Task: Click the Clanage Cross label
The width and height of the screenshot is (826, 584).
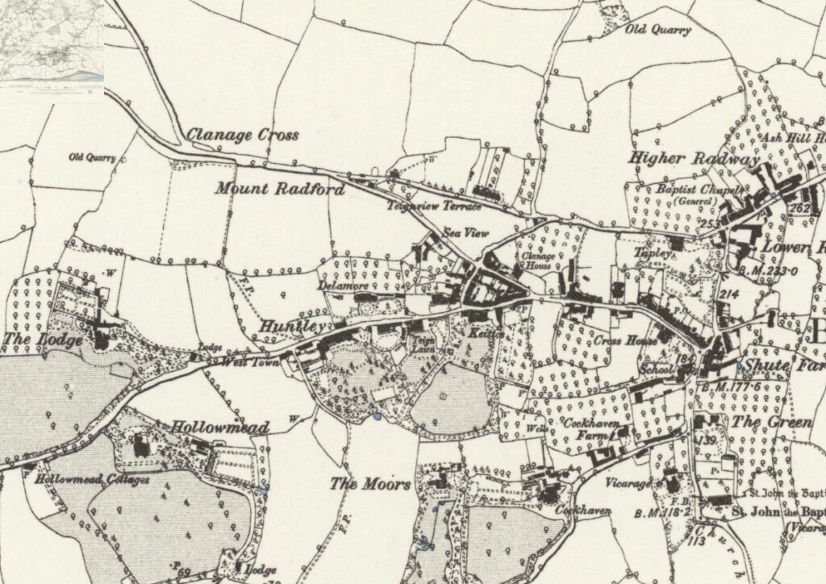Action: tap(243, 136)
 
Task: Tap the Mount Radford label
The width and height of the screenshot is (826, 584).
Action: tap(280, 190)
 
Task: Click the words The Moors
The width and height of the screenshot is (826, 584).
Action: tap(370, 485)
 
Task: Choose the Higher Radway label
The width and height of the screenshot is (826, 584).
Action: tap(694, 159)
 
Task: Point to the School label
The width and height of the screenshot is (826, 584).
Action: tap(655, 369)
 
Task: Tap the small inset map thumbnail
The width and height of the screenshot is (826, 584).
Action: tap(52, 40)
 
